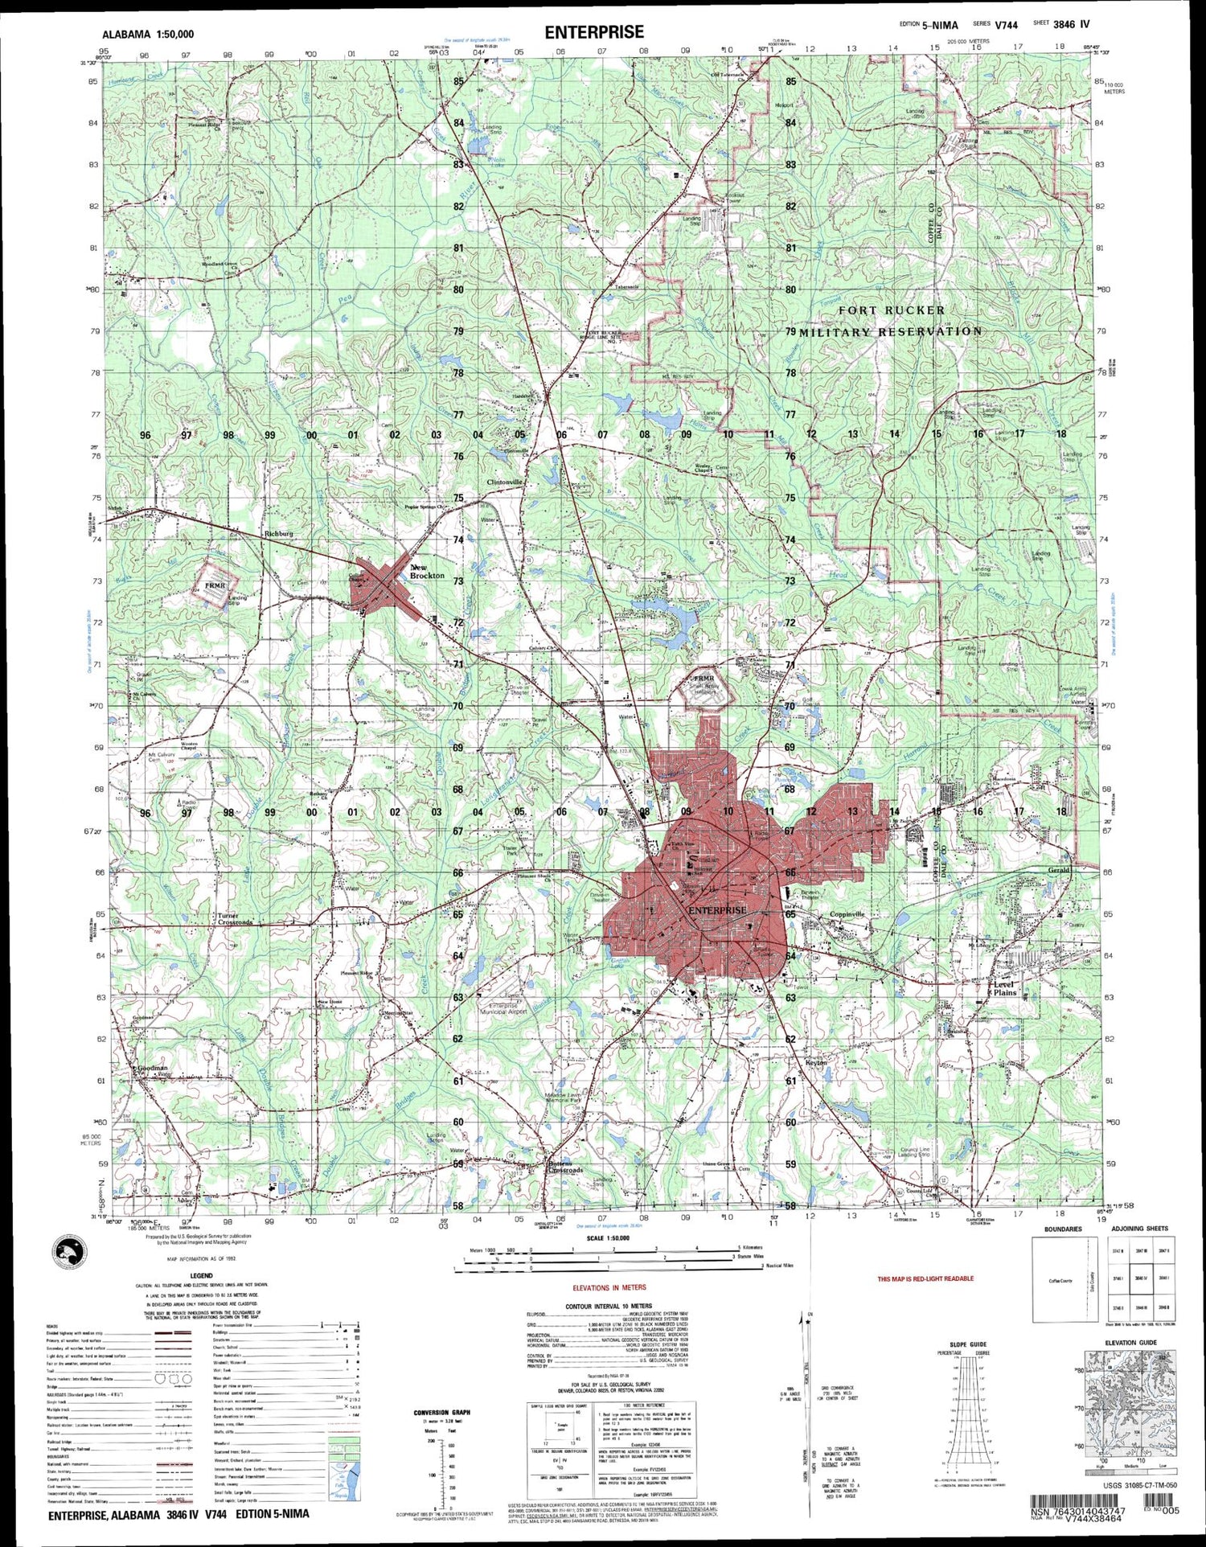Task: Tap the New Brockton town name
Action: coord(426,572)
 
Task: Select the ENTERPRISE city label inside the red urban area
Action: coord(718,910)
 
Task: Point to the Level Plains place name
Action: coord(1005,988)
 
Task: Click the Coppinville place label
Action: coord(847,914)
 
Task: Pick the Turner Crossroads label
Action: coord(235,919)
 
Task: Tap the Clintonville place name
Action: coord(506,482)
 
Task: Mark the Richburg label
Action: coord(279,534)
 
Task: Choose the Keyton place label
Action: coord(816,1063)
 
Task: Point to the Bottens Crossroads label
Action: coord(565,1167)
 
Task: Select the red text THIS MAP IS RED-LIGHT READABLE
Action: coord(925,1278)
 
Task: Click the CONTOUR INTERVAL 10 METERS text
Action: coord(609,1306)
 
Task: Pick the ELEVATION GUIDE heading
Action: coord(1131,1343)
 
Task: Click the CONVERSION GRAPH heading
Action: coord(441,1413)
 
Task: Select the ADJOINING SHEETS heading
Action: coord(1139,1229)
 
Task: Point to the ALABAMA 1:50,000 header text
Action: coord(148,35)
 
